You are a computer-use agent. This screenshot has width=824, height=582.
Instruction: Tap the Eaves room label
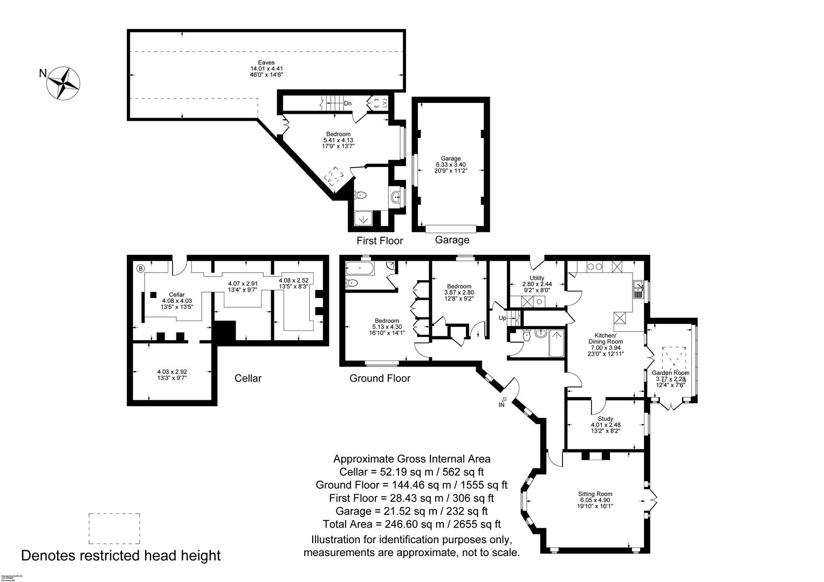pyautogui.click(x=266, y=63)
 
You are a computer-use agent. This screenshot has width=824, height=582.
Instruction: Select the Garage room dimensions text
pyautogui.click(x=451, y=168)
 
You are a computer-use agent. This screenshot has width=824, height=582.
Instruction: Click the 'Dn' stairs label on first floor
pyautogui.click(x=348, y=103)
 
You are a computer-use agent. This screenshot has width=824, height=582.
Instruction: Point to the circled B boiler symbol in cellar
pyautogui.click(x=140, y=268)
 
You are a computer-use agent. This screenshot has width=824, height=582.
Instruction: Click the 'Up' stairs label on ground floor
pyautogui.click(x=502, y=318)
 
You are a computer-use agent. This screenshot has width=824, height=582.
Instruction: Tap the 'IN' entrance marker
pyautogui.click(x=502, y=404)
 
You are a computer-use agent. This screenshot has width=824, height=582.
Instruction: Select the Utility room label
pyautogui.click(x=537, y=278)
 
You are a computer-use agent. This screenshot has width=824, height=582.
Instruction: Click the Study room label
pyautogui.click(x=606, y=419)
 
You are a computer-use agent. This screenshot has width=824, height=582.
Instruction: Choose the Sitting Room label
pyautogui.click(x=595, y=494)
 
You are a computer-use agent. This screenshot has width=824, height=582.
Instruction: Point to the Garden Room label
pyautogui.click(x=670, y=372)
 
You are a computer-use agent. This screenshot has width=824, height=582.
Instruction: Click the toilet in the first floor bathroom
pyautogui.click(x=361, y=196)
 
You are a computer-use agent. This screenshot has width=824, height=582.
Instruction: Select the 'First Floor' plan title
pyautogui.click(x=380, y=240)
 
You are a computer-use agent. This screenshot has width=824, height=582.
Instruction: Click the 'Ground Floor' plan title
pyautogui.click(x=380, y=378)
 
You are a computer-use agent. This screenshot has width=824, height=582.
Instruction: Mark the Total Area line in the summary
pyautogui.click(x=411, y=524)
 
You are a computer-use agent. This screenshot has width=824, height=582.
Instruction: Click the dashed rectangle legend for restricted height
pyautogui.click(x=114, y=529)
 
